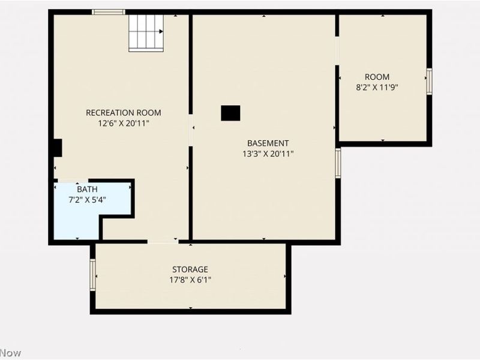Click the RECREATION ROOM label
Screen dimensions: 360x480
tap(123, 112)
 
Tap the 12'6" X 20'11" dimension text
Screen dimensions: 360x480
tap(123, 123)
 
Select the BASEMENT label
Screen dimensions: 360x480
tap(268, 143)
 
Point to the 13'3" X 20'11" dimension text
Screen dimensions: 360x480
tap(268, 154)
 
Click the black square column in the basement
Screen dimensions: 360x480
tap(230, 113)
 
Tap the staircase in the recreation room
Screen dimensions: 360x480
tap(146, 33)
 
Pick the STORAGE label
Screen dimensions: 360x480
tap(190, 269)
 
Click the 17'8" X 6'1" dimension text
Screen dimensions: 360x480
tap(190, 280)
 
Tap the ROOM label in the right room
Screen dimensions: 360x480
tap(377, 77)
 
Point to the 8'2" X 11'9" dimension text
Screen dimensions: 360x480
tap(377, 87)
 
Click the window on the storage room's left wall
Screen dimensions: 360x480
tap(93, 274)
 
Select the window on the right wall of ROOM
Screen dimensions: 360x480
tap(429, 81)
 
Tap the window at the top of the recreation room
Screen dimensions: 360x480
tap(109, 12)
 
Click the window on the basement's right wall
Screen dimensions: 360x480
tap(338, 163)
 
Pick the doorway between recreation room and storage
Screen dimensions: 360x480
tap(163, 241)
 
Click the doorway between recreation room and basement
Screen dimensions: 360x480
tap(190, 130)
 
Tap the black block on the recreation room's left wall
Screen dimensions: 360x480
tap(56, 148)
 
